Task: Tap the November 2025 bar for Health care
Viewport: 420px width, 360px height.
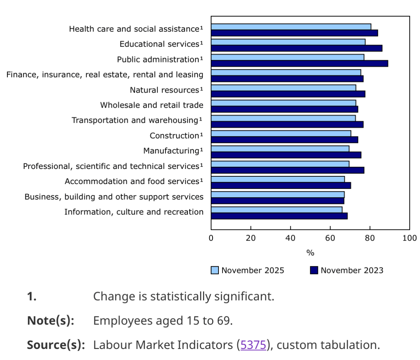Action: pyautogui.click(x=291, y=27)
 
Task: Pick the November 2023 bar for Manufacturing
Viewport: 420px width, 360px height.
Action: pyautogui.click(x=286, y=155)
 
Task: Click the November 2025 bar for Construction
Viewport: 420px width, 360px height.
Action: pyautogui.click(x=281, y=133)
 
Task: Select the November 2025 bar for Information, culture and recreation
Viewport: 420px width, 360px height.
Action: pyautogui.click(x=276, y=210)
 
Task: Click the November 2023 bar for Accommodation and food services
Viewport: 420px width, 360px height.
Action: pyautogui.click(x=281, y=185)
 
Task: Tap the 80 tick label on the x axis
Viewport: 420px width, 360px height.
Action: pyautogui.click(x=370, y=238)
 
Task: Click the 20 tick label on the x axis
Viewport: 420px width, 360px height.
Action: pyautogui.click(x=251, y=238)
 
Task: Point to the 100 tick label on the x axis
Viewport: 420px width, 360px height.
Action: pyautogui.click(x=409, y=238)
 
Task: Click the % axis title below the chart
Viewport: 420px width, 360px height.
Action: pyautogui.click(x=310, y=253)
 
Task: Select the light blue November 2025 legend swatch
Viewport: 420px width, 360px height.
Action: pyautogui.click(x=215, y=270)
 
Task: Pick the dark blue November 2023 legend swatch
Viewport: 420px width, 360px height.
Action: pyautogui.click(x=314, y=270)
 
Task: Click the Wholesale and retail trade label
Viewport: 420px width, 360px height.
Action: pyautogui.click(x=151, y=105)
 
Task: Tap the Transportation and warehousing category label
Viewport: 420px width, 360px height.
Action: pyautogui.click(x=135, y=120)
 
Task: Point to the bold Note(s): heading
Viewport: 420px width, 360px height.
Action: pyautogui.click(x=51, y=321)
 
